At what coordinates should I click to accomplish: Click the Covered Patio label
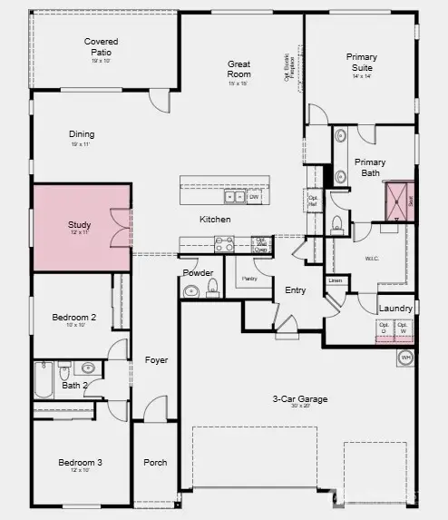pos(102,46)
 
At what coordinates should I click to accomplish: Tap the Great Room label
pos(239,69)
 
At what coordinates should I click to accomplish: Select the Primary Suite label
pos(362,62)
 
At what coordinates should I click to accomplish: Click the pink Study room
pos(82,227)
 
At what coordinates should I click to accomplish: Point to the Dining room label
pos(82,134)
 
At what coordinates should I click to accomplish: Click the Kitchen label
pos(216,220)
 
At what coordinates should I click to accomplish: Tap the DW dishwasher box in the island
pos(254,197)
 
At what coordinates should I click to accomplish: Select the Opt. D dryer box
pos(384,329)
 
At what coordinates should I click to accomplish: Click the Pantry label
pos(249,279)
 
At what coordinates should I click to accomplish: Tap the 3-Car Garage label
pos(300,398)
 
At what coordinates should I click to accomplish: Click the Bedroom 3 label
pos(81,463)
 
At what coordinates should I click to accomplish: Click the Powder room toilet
pos(213,288)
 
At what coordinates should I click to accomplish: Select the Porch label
pos(155,462)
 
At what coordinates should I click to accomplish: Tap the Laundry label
pos(395,309)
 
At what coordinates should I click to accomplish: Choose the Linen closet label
pos(336,280)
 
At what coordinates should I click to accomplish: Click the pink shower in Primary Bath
pos(396,201)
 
